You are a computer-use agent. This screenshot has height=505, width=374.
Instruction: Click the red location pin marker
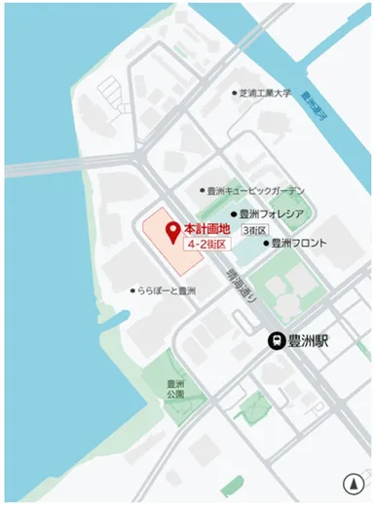point(173,232)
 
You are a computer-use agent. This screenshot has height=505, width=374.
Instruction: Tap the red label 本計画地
point(206,227)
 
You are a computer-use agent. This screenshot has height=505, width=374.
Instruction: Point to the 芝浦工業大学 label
point(266,94)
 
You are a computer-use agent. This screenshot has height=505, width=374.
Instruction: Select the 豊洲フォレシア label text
point(272,214)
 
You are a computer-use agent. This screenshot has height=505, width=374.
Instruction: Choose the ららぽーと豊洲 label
point(168,291)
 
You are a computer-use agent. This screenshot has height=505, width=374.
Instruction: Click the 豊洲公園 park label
point(175,389)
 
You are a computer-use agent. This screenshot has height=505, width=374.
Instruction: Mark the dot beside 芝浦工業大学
point(234,94)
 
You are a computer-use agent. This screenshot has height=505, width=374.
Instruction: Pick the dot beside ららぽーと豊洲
point(132,291)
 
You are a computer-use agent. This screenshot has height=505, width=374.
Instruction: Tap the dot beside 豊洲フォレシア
point(234,214)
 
